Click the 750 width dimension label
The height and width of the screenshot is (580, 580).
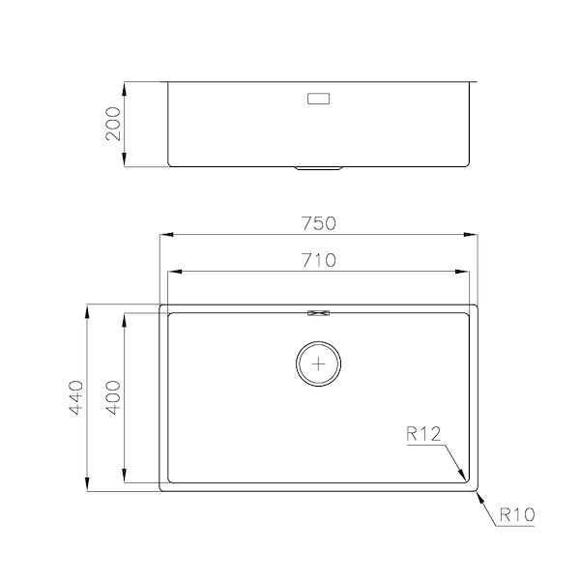[319, 223]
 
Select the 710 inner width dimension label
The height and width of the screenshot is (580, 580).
[319, 259]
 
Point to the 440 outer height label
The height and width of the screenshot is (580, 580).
[77, 398]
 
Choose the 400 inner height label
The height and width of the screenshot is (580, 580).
[113, 396]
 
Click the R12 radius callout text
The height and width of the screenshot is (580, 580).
[423, 435]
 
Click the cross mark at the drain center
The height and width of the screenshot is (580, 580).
[319, 363]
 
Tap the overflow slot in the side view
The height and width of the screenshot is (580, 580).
[319, 99]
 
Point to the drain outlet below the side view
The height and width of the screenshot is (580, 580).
[319, 168]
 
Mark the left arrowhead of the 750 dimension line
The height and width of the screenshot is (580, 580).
[164, 235]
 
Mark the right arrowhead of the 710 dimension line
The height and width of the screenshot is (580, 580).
[469, 272]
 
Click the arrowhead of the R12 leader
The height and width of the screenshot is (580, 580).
[465, 478]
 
